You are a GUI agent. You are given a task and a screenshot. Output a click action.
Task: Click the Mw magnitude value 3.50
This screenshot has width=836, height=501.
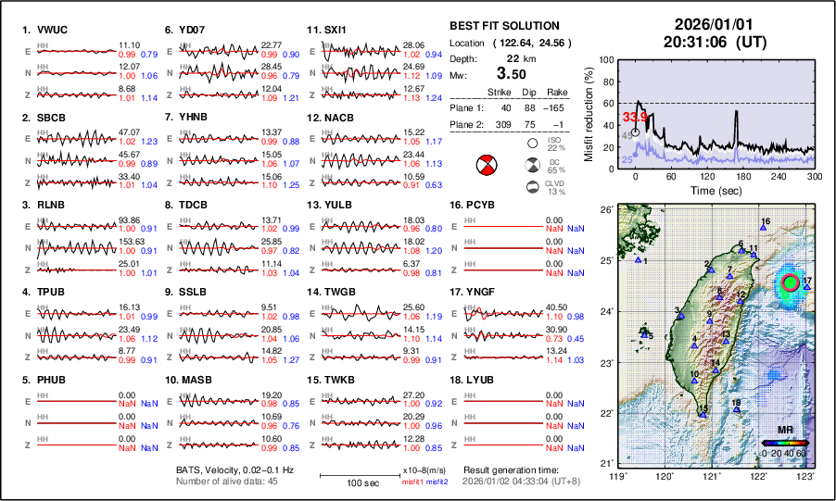tap(513, 73)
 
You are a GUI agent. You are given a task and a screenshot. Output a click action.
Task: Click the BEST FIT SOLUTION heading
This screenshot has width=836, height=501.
tap(503, 26)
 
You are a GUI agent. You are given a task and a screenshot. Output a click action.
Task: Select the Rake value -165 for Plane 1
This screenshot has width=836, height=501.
tap(556, 107)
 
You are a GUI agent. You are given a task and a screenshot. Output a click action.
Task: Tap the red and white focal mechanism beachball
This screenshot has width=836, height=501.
tap(486, 167)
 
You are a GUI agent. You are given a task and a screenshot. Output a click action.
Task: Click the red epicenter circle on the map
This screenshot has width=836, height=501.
tap(790, 282)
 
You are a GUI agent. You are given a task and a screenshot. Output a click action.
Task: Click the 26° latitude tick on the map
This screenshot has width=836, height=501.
tap(604, 209)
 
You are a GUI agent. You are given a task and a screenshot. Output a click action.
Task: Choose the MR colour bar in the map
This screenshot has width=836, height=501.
tap(785, 443)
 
